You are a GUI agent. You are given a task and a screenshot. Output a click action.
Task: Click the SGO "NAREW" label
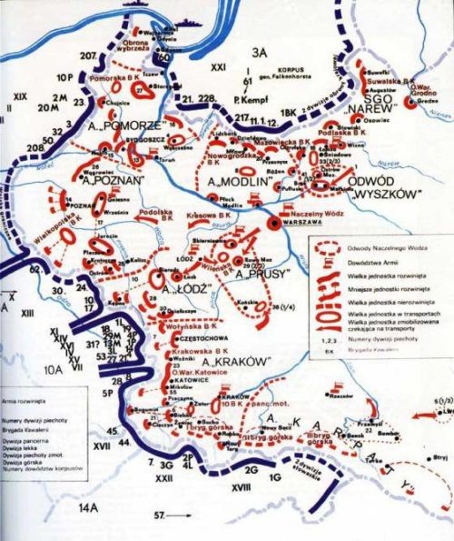pyautogui.click(x=391, y=130)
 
